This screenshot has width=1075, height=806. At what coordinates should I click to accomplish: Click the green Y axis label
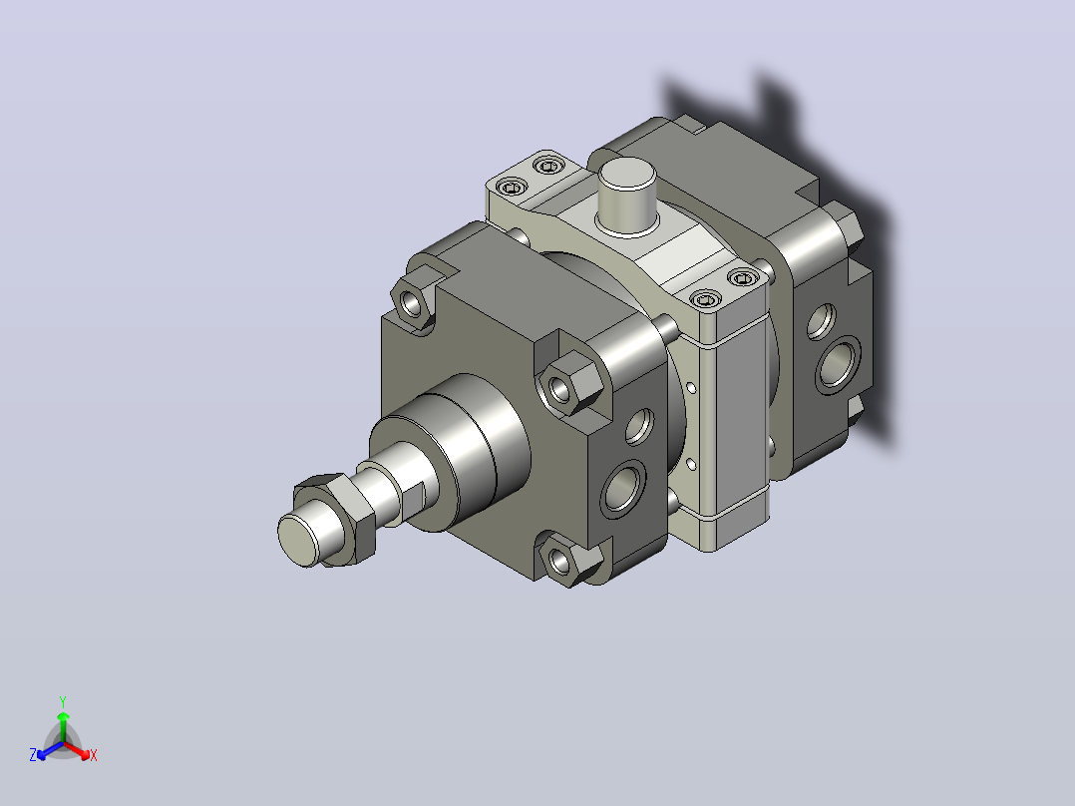click(63, 701)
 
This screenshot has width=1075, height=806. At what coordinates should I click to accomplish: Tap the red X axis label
click(94, 755)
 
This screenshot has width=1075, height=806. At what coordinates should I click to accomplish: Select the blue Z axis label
click(33, 755)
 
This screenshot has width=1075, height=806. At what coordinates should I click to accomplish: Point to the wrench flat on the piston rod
click(414, 500)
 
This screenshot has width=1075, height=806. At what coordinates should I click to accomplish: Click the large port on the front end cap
click(622, 488)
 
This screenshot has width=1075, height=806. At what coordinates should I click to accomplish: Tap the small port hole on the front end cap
click(639, 427)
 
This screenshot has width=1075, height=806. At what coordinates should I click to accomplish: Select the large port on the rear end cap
click(838, 365)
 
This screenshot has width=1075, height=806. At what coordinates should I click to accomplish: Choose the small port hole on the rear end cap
click(821, 320)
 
